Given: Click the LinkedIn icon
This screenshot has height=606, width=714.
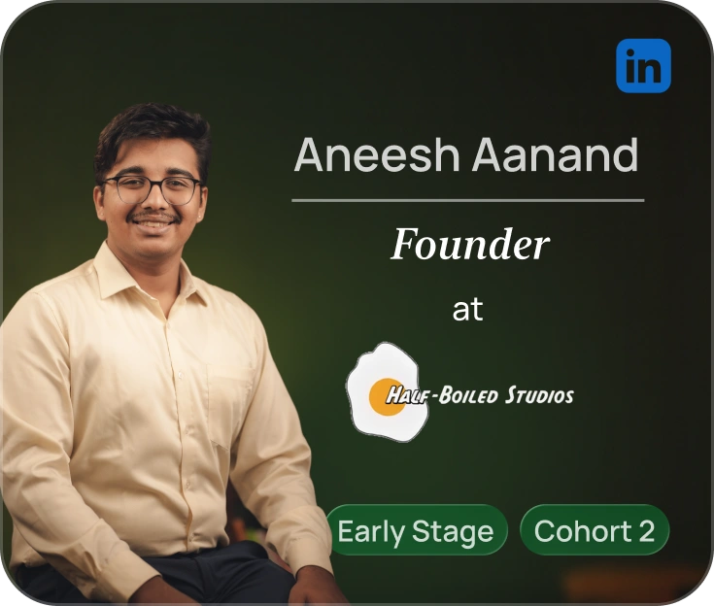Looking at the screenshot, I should tap(643, 66).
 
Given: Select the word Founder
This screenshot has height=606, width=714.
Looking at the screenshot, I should tap(469, 245).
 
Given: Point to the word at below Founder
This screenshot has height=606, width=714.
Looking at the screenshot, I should tap(467, 311).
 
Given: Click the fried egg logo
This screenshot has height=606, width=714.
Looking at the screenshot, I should tap(382, 388).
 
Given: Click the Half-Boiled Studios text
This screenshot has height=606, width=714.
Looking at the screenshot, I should tap(480, 395).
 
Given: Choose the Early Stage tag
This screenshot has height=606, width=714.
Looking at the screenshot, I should tap(416, 530).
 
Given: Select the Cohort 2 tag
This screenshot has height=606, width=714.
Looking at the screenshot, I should tap(594, 530).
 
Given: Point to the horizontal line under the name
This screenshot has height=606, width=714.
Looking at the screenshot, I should tap(467, 200).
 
